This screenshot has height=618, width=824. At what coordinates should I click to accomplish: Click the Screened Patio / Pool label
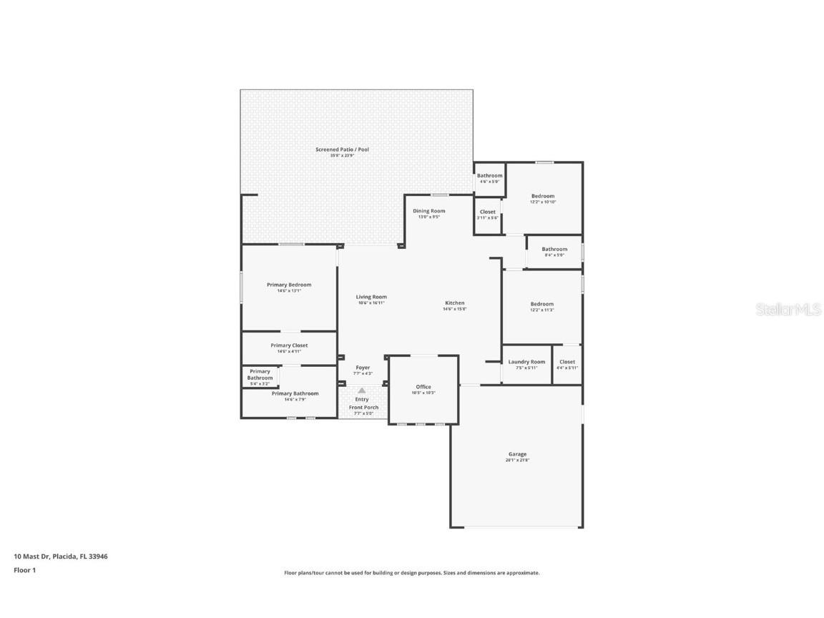click(342, 149)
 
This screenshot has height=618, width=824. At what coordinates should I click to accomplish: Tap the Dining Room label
click(428, 211)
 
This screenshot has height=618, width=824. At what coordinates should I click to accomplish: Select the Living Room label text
click(371, 297)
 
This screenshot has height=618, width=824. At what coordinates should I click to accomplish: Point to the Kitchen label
click(454, 303)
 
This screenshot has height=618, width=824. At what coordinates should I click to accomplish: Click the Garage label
click(517, 454)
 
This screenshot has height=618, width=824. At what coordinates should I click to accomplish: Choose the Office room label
click(423, 387)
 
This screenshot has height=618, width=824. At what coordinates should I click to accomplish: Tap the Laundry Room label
click(526, 362)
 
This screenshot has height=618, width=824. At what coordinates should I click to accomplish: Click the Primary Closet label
click(289, 345)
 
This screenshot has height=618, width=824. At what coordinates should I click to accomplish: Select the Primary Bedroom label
click(289, 285)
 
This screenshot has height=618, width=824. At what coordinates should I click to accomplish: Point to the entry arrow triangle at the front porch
click(362, 391)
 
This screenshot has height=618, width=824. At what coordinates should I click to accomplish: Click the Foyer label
click(363, 368)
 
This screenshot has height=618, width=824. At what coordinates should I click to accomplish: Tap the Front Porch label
click(363, 408)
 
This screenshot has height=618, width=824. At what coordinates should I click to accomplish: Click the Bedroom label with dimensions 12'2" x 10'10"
click(542, 196)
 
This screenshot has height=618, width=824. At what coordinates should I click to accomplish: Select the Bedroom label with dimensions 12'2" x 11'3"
click(541, 304)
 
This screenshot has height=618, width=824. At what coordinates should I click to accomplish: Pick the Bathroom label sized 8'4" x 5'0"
click(554, 249)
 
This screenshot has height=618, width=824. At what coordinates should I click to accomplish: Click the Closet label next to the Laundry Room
click(567, 362)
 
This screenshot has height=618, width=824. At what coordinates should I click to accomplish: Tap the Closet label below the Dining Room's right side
click(487, 212)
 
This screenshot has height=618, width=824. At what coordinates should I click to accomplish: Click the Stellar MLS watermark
click(790, 309)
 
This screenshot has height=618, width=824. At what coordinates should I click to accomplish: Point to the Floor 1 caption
click(24, 570)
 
